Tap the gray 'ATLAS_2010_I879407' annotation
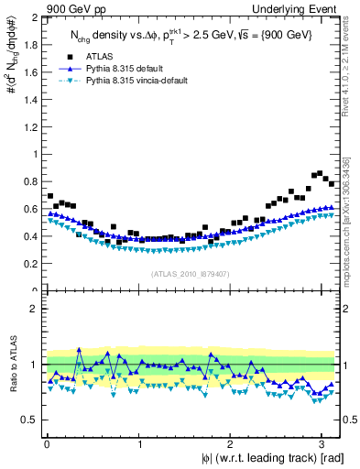191,272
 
